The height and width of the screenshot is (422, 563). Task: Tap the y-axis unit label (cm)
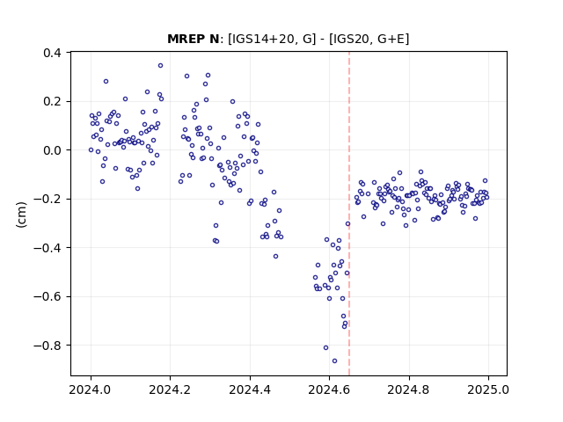click(21, 215)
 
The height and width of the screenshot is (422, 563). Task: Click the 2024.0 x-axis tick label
click(91, 389)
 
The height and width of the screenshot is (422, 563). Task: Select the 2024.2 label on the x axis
click(170, 389)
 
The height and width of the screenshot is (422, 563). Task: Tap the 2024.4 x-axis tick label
click(250, 389)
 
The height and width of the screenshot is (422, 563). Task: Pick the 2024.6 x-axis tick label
click(329, 389)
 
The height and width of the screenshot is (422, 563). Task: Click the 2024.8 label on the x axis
click(408, 389)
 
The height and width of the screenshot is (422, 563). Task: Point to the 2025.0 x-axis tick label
click(488, 389)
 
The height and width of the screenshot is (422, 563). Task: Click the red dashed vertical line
click(349, 214)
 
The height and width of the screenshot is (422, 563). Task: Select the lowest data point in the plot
click(334, 361)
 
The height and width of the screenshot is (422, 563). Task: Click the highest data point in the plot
click(160, 66)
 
